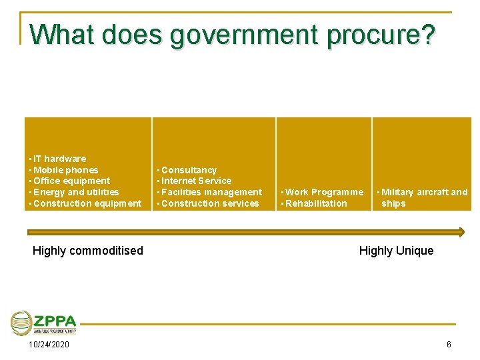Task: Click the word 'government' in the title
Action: [x=244, y=34]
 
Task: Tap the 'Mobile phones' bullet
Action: [x=65, y=170]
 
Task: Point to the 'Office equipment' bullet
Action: [x=71, y=181]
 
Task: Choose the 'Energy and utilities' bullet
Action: [x=75, y=192]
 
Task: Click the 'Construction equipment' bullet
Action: [x=87, y=203]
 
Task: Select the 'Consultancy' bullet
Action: [x=188, y=170]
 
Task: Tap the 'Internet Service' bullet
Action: [x=196, y=181]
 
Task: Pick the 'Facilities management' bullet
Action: [x=211, y=192]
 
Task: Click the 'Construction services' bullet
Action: [x=209, y=203]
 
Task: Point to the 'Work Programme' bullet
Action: [x=323, y=192]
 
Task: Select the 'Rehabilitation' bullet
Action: [x=315, y=203]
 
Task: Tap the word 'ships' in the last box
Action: [x=393, y=203]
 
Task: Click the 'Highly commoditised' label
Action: [x=88, y=251]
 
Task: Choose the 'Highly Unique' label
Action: [x=396, y=251]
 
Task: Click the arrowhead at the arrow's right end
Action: [x=459, y=232]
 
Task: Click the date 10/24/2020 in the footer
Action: [x=49, y=345]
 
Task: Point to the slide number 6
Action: [x=449, y=345]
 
